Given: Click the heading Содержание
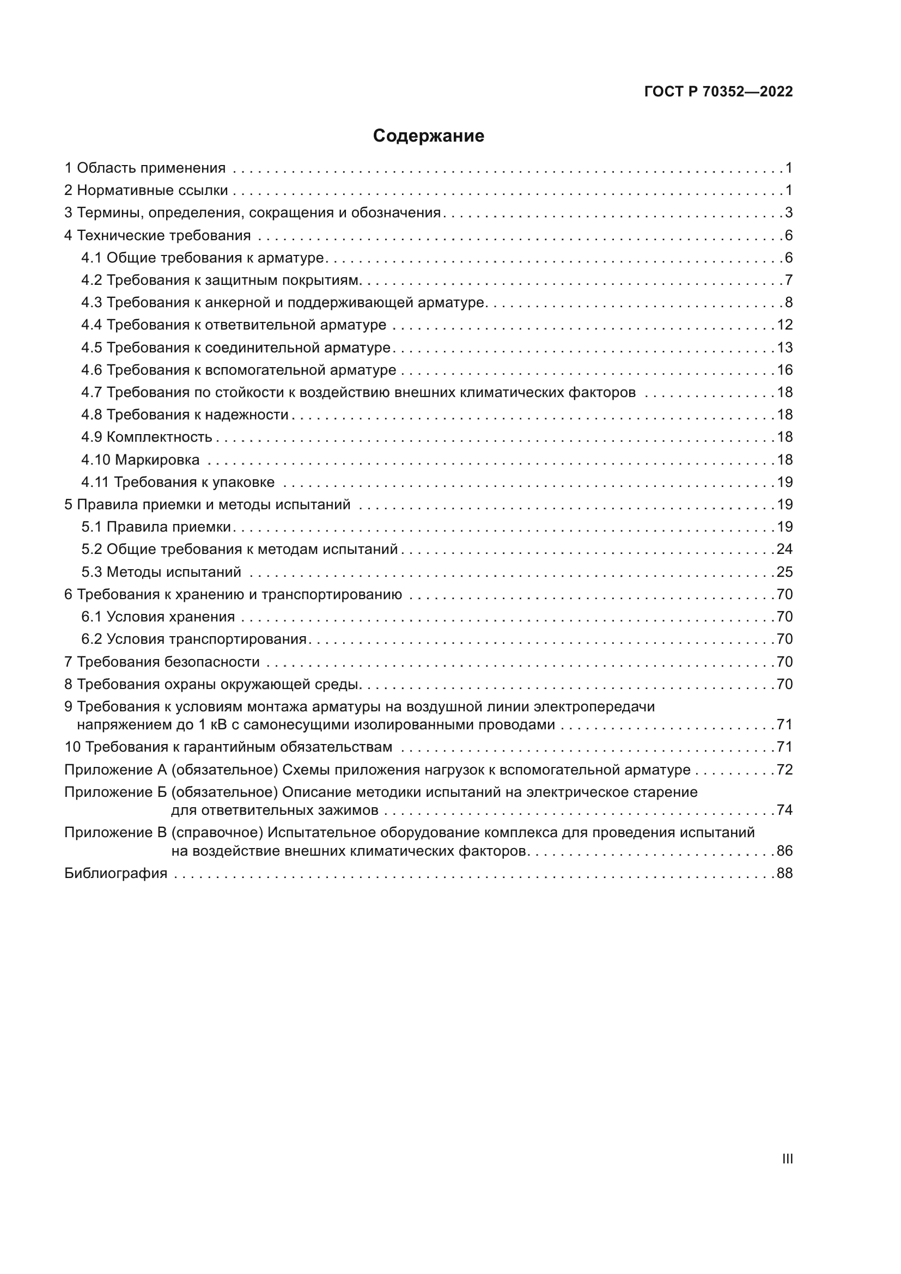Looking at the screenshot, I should (428, 136).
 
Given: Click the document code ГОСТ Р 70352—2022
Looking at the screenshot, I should (719, 92).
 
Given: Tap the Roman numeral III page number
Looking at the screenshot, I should (787, 1159).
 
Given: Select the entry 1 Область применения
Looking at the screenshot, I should (145, 168).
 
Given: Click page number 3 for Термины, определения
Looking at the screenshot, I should (788, 213).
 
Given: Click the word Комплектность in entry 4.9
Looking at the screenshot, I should (159, 437).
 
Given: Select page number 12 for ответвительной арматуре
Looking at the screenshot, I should (784, 325).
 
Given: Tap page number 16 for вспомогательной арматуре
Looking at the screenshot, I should (784, 370).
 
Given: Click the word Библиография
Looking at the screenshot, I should (115, 873).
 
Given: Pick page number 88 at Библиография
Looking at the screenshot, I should (784, 873).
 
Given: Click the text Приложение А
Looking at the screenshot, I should (115, 770).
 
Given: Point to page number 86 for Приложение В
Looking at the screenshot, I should (784, 851).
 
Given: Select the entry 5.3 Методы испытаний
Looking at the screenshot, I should (161, 572).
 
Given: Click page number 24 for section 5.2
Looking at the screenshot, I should (784, 550).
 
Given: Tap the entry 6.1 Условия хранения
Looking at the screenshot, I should (158, 617).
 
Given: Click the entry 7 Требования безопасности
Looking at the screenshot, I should (162, 662).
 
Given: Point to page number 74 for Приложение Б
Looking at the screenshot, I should (784, 810).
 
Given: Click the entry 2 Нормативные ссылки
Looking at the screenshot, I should (146, 191).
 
